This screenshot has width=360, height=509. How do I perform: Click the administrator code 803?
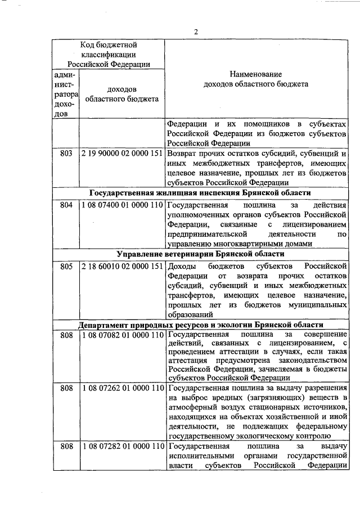tap(66, 153)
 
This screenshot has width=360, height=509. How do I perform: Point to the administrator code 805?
tap(66, 265)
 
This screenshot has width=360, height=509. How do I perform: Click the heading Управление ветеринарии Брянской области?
tap(200, 254)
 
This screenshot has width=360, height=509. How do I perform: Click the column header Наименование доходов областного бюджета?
tap(256, 79)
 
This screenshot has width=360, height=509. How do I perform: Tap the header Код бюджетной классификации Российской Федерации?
tap(109, 54)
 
